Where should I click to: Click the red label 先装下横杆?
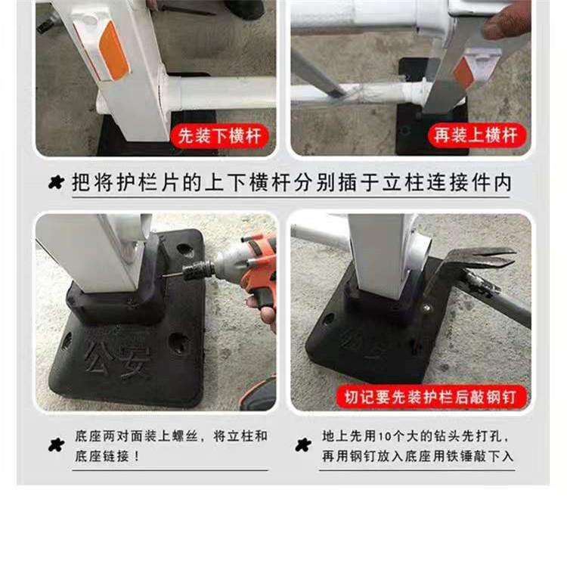(219, 136)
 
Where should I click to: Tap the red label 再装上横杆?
(476, 135)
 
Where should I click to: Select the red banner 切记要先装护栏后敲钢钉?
(430, 397)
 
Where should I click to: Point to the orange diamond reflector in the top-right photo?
(463, 73)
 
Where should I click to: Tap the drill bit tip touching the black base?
(163, 276)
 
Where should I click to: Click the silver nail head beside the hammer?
(427, 308)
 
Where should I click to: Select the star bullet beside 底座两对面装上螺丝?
(56, 445)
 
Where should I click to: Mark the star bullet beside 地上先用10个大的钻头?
(303, 445)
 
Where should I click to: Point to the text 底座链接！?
(107, 456)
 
